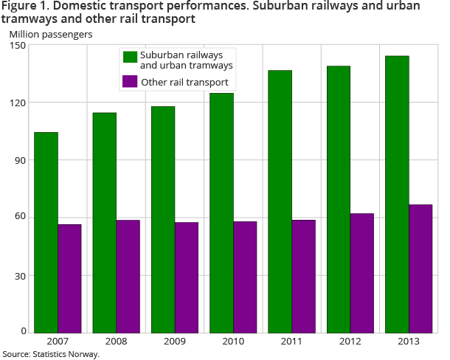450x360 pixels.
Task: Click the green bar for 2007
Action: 46,232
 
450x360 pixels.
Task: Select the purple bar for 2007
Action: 69,278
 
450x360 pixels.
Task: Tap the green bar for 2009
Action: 163,219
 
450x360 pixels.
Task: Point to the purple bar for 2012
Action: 361,273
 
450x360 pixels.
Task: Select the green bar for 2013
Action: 397,194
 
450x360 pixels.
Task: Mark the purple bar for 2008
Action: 128,276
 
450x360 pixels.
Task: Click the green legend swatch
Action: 130,58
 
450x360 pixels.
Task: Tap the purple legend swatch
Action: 130,82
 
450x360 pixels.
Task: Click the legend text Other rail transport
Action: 184,83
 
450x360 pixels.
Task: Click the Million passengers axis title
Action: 50,34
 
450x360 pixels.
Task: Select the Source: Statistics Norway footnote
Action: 50,354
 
